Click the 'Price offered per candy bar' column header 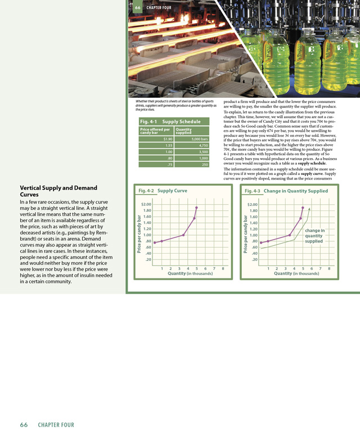pyautogui.click(x=155, y=131)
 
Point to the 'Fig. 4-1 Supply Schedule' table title pyautogui.click(x=170, y=121)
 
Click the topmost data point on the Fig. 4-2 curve pyautogui.click(x=196, y=208)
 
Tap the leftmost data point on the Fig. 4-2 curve pyautogui.click(x=155, y=243)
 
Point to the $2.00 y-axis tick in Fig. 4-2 pyautogui.click(x=146, y=204)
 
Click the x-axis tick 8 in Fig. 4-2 pyautogui.click(x=223, y=268)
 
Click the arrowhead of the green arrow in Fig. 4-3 pyautogui.click(x=310, y=209)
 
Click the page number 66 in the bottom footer pyautogui.click(x=25, y=425)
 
